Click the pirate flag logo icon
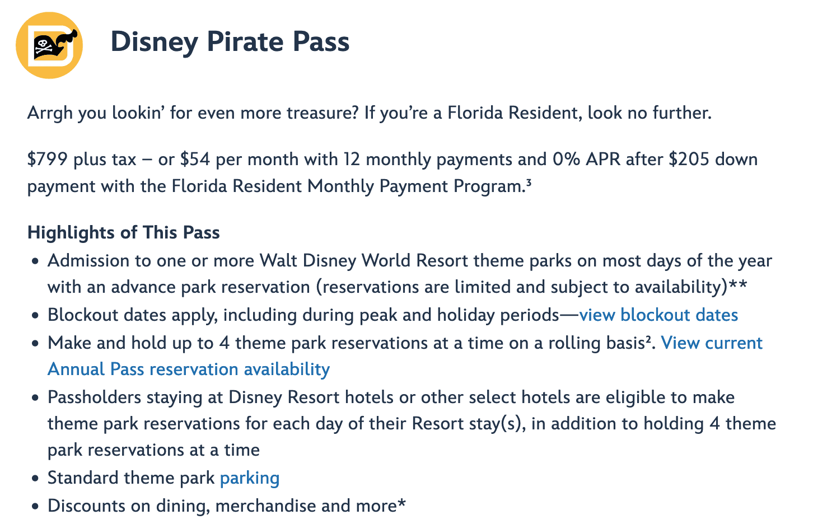pos(49,45)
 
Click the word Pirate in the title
pos(245,42)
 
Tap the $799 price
pos(47,160)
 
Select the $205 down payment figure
pos(689,160)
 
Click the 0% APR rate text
pos(587,160)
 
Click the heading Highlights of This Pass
pos(124,232)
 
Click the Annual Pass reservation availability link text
pos(189,369)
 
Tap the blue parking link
pos(250,478)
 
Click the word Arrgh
pos(50,113)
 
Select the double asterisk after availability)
pos(738,283)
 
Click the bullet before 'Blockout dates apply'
pos(35,315)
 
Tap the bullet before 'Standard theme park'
pos(35,478)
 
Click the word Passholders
pos(95,397)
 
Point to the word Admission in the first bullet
pos(88,260)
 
